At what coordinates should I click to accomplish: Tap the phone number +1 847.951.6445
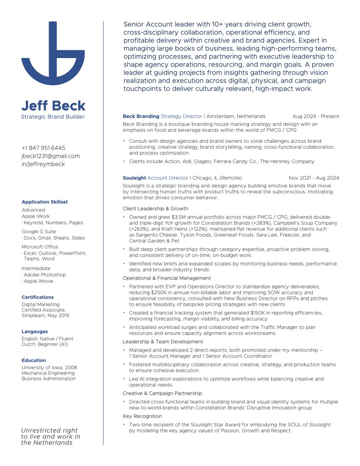[43, 148]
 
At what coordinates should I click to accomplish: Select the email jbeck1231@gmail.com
[50, 156]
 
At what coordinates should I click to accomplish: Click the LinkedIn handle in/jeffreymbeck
[43, 164]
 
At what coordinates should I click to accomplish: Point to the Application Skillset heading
[44, 202]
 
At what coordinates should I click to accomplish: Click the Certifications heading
[38, 297]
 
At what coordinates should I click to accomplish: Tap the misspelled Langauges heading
[35, 332]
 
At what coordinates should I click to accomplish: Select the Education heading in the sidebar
[34, 361]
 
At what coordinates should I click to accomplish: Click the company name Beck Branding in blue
[141, 116]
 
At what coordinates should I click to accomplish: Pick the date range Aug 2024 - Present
[316, 116]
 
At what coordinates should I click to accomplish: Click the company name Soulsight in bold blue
[134, 178]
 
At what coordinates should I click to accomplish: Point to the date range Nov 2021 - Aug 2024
[313, 178]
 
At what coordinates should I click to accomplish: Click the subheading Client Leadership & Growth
[155, 208]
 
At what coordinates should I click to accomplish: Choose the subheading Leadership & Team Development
[163, 341]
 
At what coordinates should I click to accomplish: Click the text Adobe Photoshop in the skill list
[44, 275]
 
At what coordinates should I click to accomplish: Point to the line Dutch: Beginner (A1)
[44, 344]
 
